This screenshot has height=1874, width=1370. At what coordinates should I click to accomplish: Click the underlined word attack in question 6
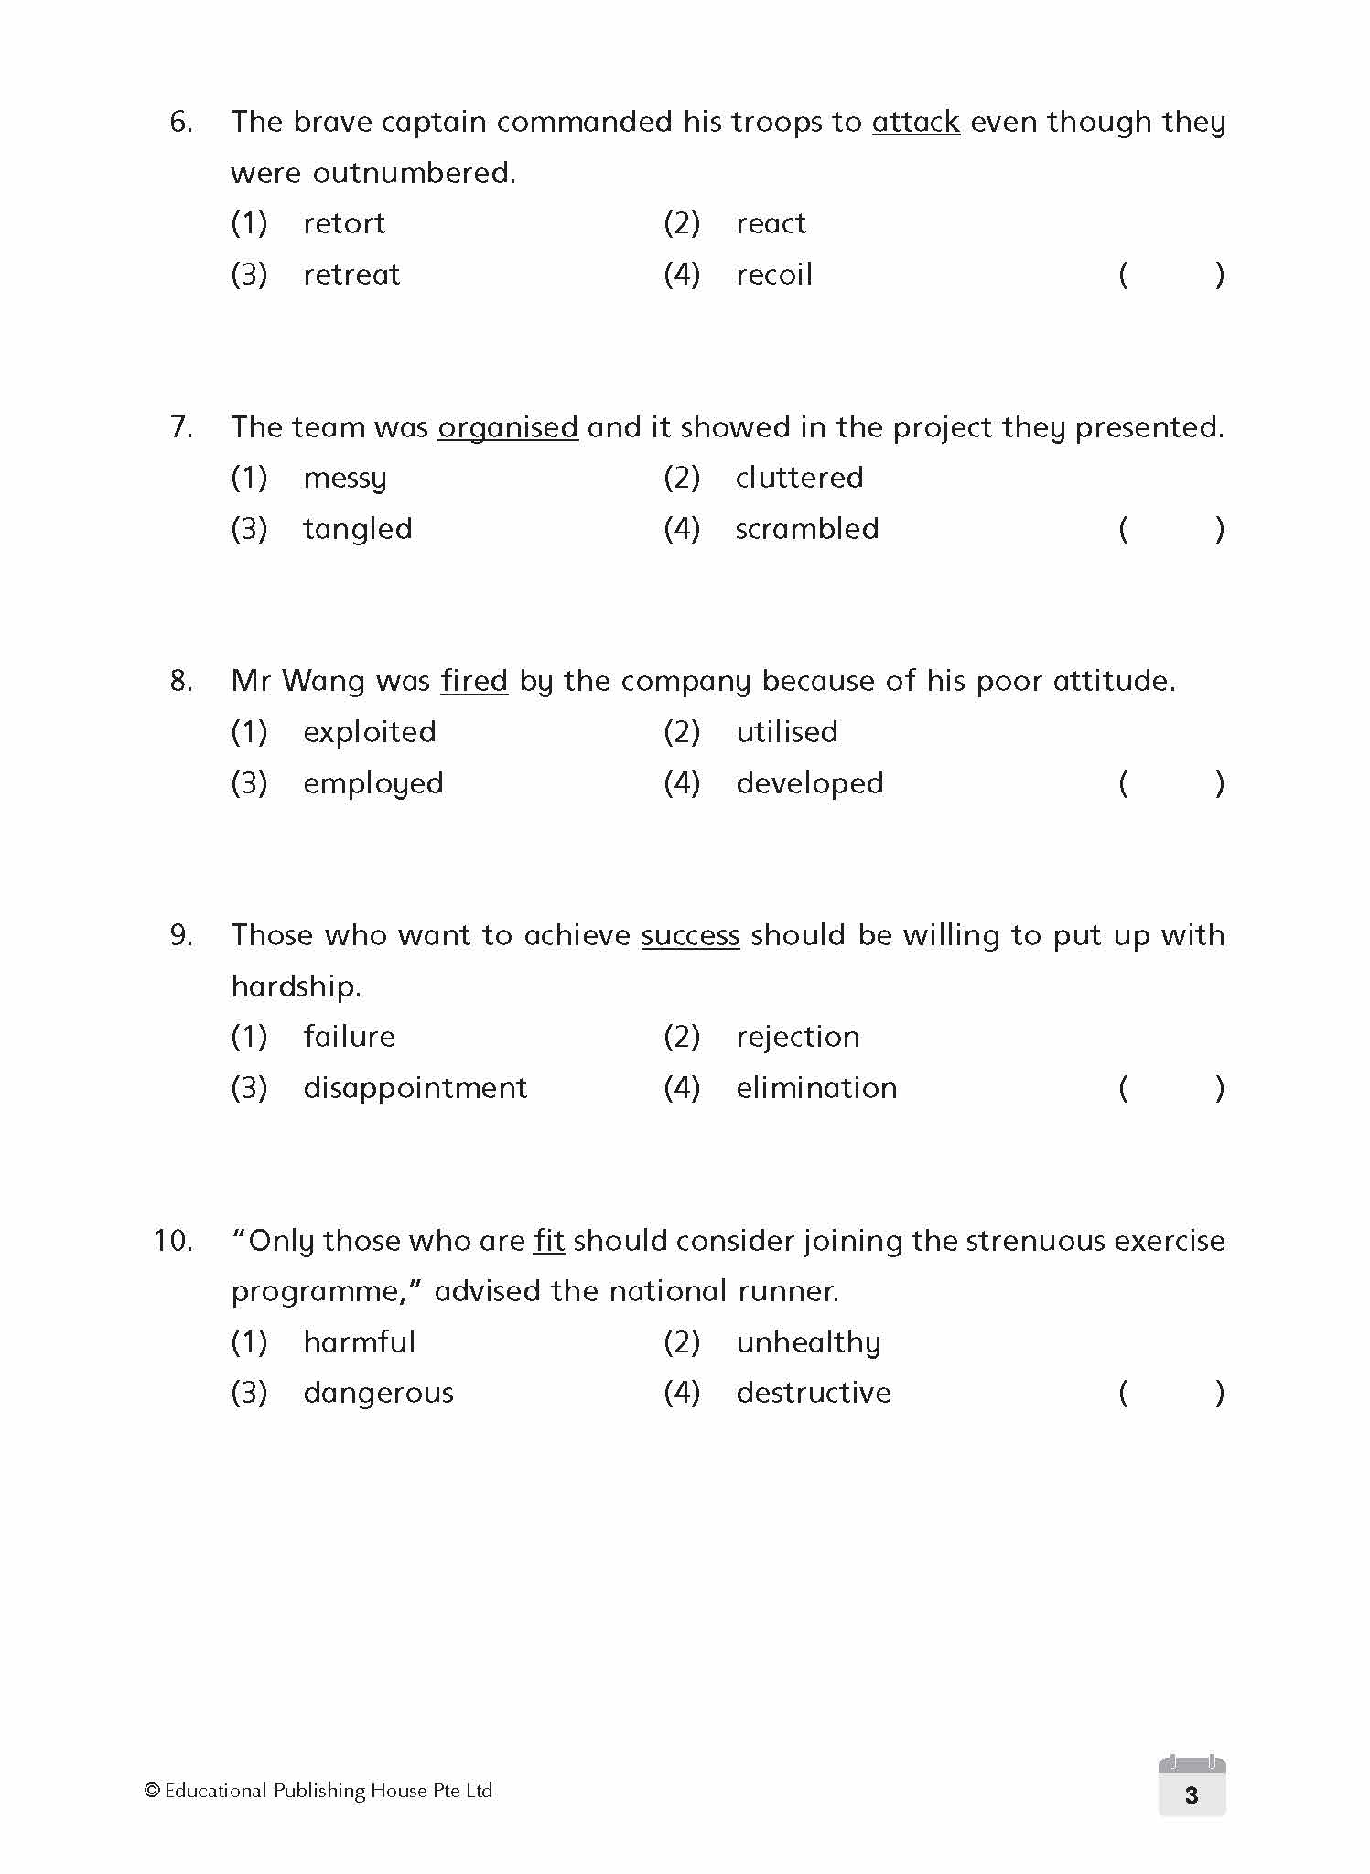pyautogui.click(x=915, y=122)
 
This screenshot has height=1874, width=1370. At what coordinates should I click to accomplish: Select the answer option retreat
pyautogui.click(x=351, y=275)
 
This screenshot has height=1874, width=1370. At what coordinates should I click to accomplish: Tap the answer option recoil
pyautogui.click(x=774, y=275)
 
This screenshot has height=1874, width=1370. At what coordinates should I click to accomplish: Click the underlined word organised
pyautogui.click(x=508, y=427)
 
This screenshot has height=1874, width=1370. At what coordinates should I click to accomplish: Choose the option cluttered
pyautogui.click(x=799, y=478)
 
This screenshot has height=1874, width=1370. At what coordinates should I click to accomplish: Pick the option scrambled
pyautogui.click(x=806, y=529)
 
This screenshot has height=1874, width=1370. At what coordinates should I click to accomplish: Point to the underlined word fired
pyautogui.click(x=474, y=681)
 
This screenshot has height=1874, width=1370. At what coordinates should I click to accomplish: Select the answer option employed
pyautogui.click(x=372, y=783)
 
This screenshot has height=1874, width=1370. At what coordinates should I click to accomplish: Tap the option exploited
pyautogui.click(x=370, y=732)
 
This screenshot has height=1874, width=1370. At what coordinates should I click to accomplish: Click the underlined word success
pyautogui.click(x=690, y=935)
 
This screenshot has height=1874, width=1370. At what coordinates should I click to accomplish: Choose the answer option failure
pyautogui.click(x=349, y=1037)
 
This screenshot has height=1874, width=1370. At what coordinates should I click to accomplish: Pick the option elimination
pyautogui.click(x=816, y=1088)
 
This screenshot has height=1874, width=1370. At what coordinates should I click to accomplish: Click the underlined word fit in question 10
pyautogui.click(x=549, y=1241)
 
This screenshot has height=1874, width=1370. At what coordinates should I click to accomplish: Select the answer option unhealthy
pyautogui.click(x=808, y=1342)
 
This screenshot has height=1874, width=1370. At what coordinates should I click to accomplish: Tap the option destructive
pyautogui.click(x=814, y=1393)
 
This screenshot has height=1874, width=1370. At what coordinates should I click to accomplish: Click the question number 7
pyautogui.click(x=181, y=427)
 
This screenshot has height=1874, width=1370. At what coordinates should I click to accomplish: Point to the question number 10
pyautogui.click(x=173, y=1241)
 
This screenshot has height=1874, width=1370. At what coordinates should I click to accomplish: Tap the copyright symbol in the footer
pyautogui.click(x=152, y=1791)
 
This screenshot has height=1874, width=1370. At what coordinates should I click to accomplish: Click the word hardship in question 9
pyautogui.click(x=296, y=986)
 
